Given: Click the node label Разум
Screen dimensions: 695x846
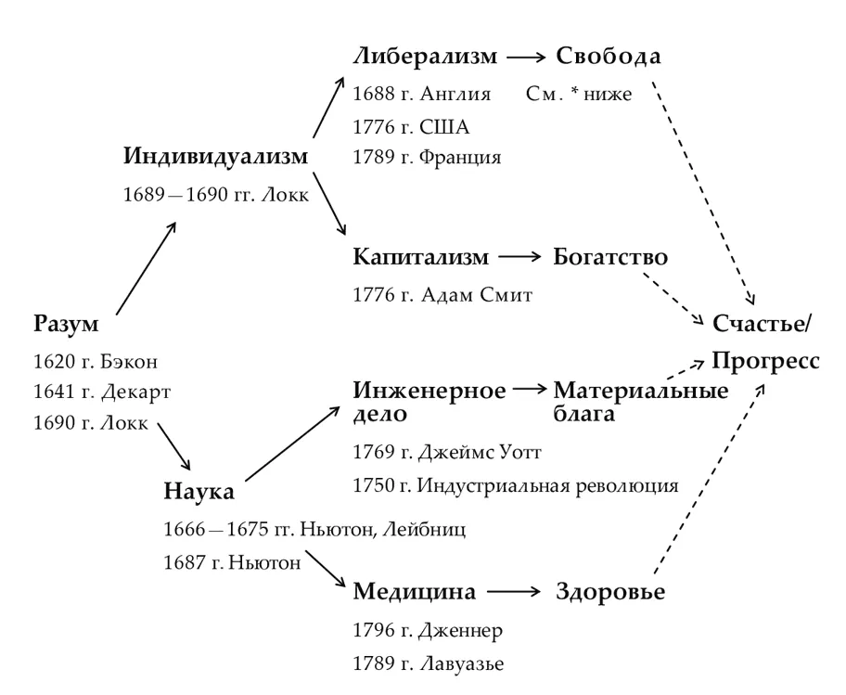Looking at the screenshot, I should (x=66, y=325).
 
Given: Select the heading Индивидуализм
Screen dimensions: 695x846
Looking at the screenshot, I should (x=215, y=156).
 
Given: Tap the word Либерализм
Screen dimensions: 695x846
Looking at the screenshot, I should (x=426, y=57).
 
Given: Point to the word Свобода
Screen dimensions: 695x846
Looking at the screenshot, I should (x=609, y=57).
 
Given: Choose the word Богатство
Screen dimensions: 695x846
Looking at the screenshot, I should (x=610, y=256).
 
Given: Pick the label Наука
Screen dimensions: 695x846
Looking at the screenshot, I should (x=199, y=492).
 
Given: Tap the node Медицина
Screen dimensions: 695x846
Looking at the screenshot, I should (x=415, y=591).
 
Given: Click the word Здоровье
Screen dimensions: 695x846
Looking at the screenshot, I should (x=610, y=592).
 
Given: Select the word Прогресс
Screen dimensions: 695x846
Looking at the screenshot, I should (x=765, y=360).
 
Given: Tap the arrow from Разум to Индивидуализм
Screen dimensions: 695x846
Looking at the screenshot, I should (x=147, y=269).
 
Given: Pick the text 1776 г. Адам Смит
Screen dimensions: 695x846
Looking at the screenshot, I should (x=442, y=295).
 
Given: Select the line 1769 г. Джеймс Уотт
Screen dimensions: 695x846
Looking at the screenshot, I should (x=446, y=453).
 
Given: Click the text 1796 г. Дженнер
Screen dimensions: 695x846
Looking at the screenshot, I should (x=428, y=631).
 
